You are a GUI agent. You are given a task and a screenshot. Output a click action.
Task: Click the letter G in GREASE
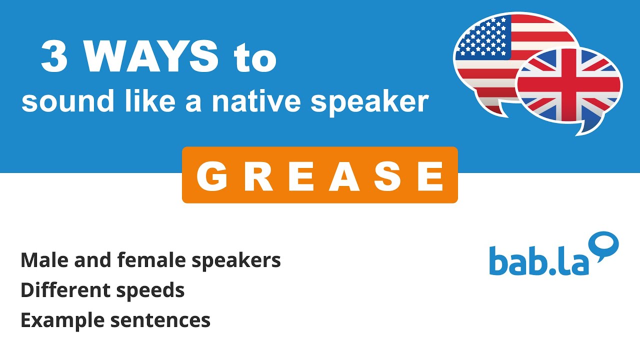coord(210,176)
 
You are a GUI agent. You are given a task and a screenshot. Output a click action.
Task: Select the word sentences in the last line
coord(160,320)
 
